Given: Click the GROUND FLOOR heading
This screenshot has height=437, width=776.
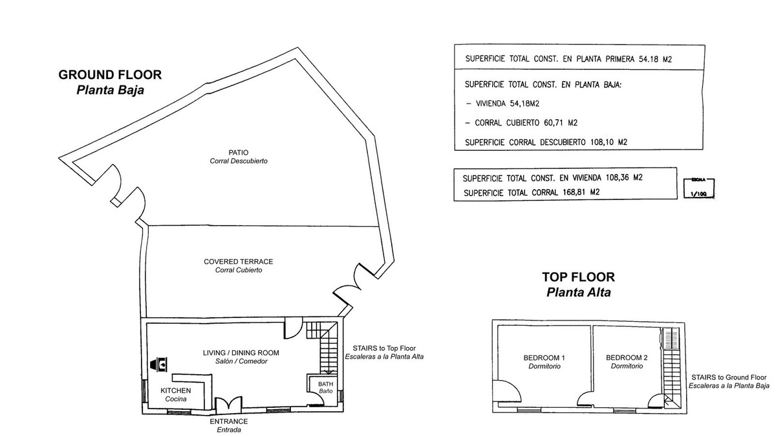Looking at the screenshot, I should [x=110, y=75].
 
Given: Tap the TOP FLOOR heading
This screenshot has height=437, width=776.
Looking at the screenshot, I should [x=578, y=277].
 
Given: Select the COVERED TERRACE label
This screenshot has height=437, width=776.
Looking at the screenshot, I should [x=238, y=262].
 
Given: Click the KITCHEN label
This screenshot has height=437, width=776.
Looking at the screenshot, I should [x=175, y=390].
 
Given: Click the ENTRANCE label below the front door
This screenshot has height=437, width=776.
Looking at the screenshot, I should [x=228, y=421].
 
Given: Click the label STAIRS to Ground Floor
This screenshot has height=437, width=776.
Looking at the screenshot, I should [x=729, y=377].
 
